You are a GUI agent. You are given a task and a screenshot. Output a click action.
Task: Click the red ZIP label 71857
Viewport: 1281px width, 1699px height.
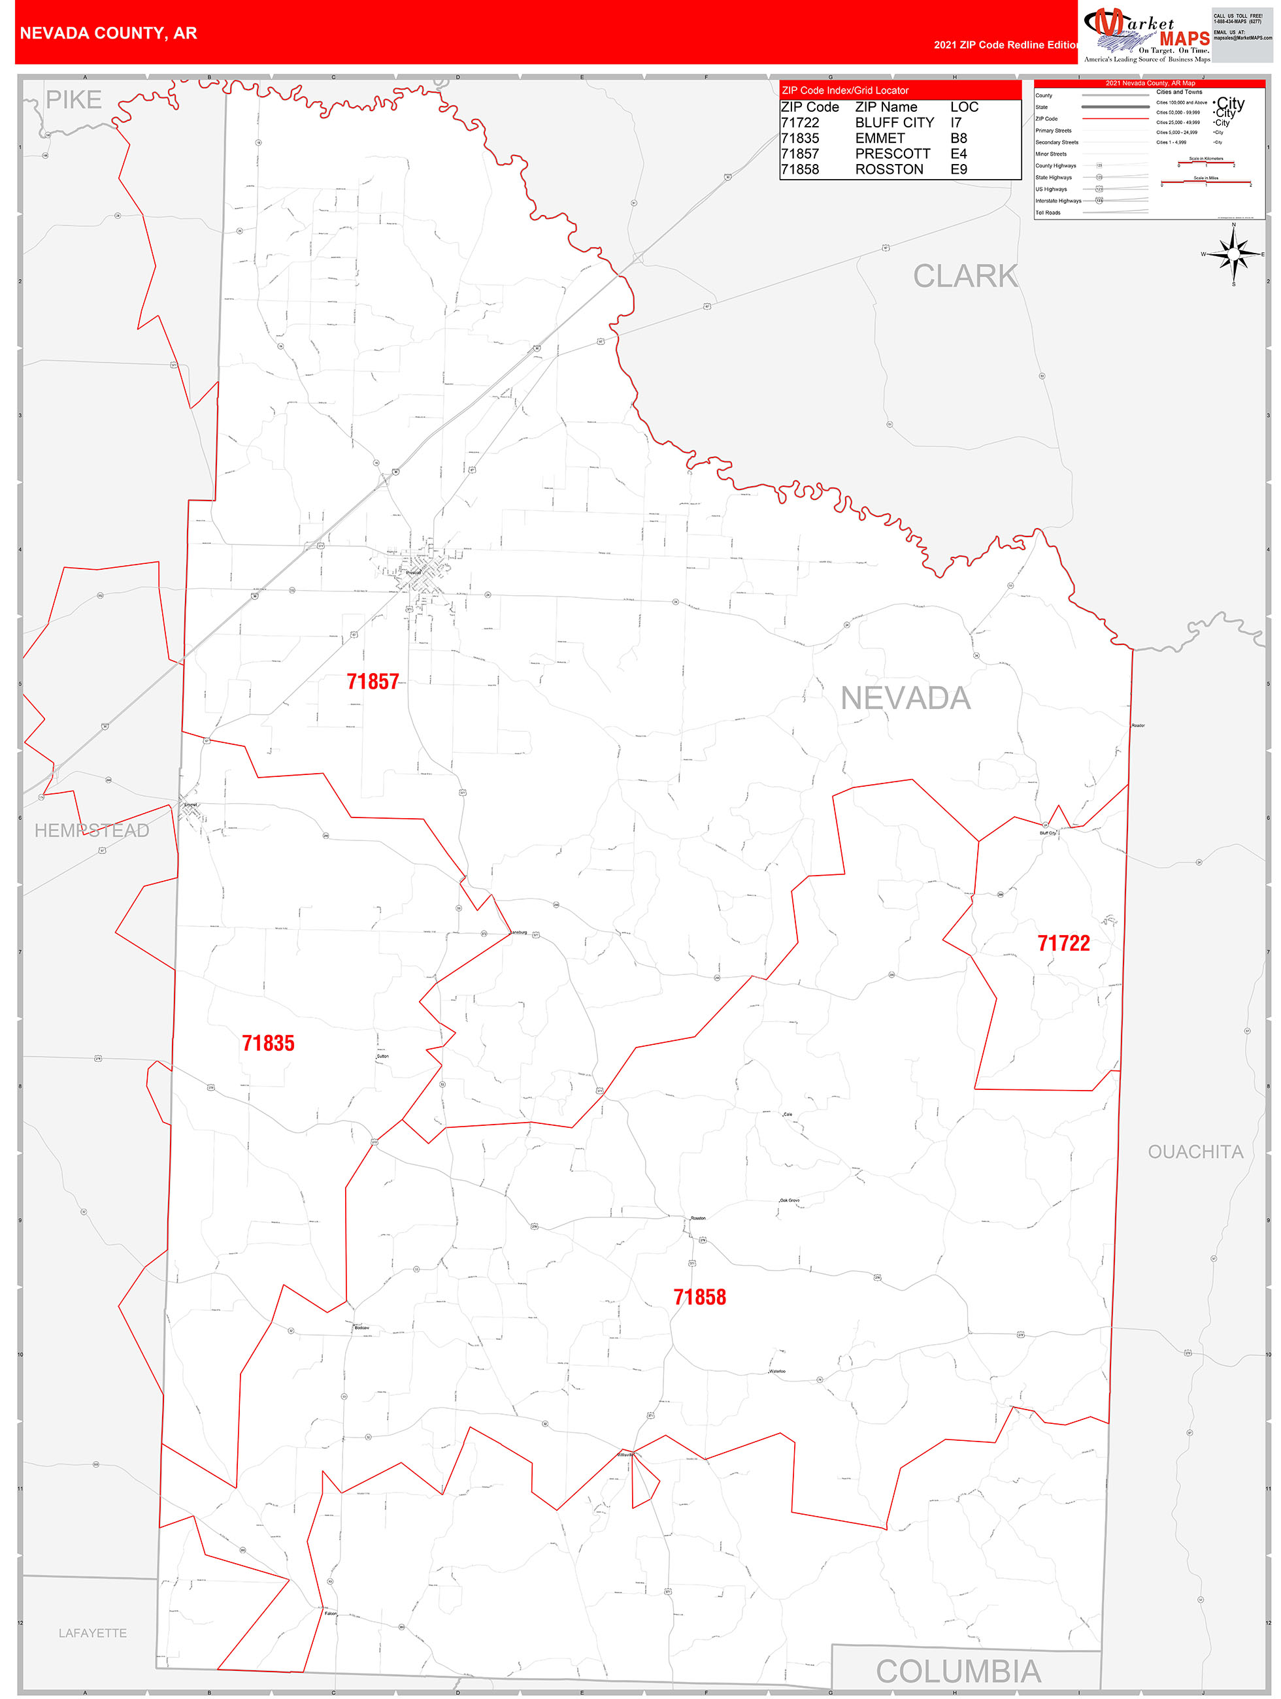[x=373, y=682]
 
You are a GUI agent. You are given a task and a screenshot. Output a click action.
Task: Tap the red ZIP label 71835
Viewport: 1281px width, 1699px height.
[x=268, y=1043]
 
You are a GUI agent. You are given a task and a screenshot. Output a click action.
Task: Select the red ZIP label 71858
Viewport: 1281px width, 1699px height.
[x=699, y=1297]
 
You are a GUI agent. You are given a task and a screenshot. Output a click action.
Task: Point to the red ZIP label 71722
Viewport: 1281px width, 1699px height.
[x=1063, y=943]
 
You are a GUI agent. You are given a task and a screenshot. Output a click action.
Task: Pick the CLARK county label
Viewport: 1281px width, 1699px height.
[x=965, y=276]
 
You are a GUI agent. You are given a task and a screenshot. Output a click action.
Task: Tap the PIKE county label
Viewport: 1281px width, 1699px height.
[x=74, y=100]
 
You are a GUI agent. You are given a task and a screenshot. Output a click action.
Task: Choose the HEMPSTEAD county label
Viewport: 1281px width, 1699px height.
[x=92, y=831]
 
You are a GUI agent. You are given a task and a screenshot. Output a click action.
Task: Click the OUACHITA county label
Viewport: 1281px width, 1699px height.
[x=1194, y=1152]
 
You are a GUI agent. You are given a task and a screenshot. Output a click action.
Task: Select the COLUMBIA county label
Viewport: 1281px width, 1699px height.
[x=957, y=1672]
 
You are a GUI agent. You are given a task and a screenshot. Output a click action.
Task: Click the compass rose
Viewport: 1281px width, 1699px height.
[x=1233, y=254]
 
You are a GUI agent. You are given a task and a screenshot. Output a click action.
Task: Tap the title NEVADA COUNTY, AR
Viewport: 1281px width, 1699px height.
[x=108, y=33]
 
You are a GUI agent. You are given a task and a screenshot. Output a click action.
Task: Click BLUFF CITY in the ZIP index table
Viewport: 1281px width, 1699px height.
[x=894, y=123]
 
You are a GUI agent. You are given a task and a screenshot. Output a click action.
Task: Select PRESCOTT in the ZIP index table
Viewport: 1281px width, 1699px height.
[x=892, y=154]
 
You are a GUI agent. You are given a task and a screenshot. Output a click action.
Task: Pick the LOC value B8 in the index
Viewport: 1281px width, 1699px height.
[x=958, y=139]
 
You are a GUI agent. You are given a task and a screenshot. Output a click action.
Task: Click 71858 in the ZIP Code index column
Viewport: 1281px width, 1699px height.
[x=799, y=170]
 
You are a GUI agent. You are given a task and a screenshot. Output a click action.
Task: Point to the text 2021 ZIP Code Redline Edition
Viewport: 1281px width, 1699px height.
[x=1006, y=45]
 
